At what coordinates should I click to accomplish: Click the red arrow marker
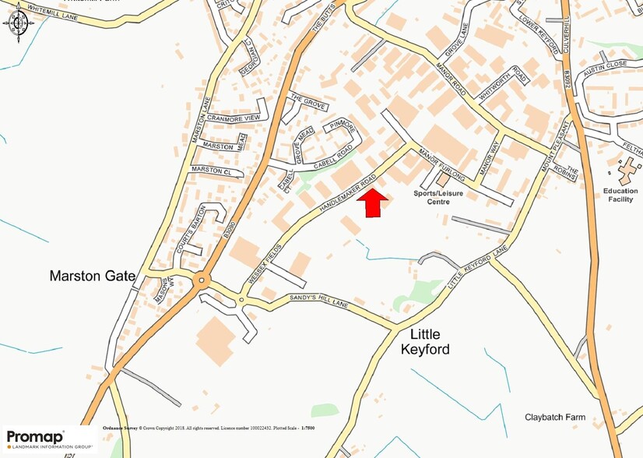coord(373,203)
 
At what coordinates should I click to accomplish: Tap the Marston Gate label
coord(93,276)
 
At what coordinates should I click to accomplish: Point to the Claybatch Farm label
coord(554,417)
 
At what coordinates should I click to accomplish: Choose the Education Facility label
coord(621,195)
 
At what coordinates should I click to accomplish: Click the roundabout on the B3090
coord(202,279)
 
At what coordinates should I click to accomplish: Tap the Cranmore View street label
coord(233,118)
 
